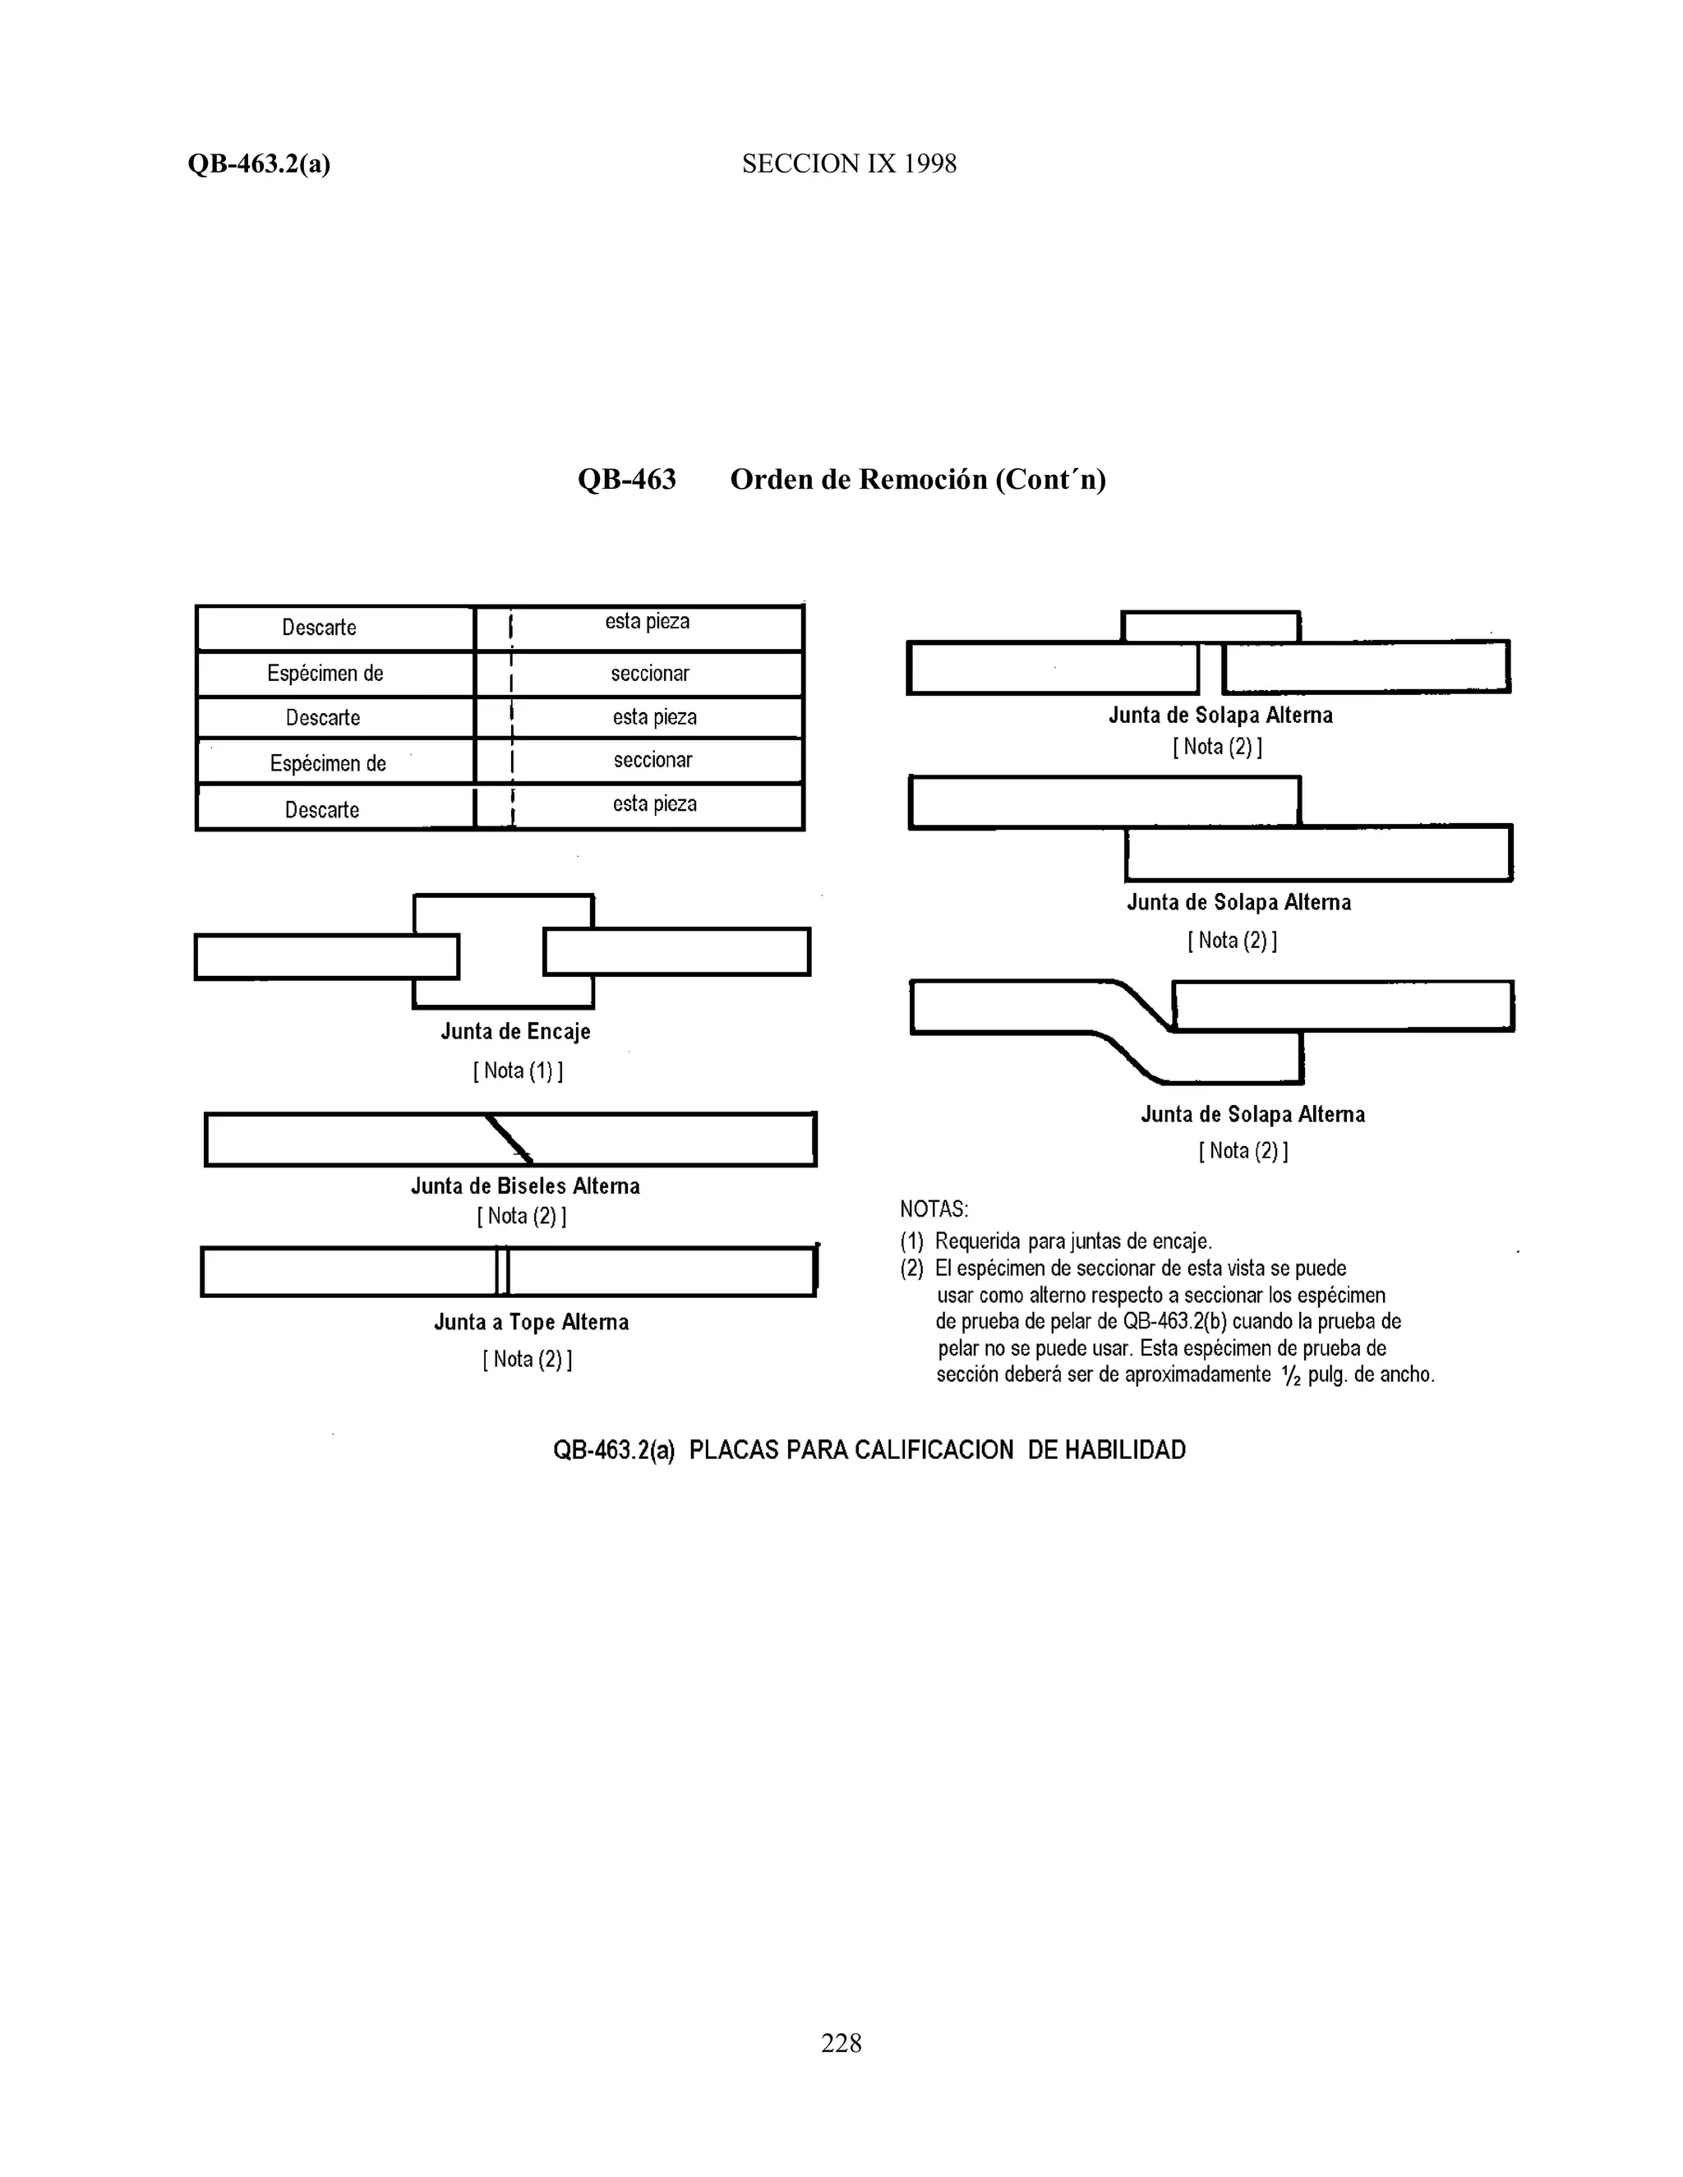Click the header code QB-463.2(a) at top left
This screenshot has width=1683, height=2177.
258,163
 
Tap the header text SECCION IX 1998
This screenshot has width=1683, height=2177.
848,163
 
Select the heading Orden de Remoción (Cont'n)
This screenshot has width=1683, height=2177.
917,480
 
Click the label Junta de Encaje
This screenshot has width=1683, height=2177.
515,1032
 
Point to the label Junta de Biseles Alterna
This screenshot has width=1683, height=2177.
525,1186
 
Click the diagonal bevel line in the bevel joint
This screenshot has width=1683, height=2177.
509,1139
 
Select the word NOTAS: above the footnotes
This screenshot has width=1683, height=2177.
934,1209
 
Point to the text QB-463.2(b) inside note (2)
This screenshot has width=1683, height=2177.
1174,1322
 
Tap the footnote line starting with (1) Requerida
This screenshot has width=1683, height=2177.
1056,1242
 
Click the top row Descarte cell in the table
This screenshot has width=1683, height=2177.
319,628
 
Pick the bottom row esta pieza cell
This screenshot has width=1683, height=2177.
654,804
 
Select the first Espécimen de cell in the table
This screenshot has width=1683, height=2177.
325,674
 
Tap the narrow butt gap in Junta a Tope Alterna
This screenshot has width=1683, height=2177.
502,1272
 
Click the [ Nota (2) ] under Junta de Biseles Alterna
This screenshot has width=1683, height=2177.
522,1216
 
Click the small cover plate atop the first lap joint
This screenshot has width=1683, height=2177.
1210,627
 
